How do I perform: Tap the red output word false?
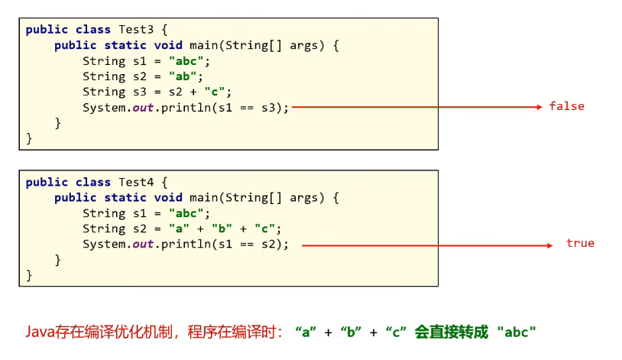coord(566,106)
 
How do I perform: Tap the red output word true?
coord(580,243)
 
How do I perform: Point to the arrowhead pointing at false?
coord(539,107)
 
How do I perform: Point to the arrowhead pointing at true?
coord(549,245)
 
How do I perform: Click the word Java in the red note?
coord(39,332)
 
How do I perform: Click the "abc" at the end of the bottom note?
coord(517,332)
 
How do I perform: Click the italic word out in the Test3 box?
coord(143,107)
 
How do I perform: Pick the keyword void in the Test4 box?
coord(167,198)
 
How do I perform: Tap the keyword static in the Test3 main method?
coord(125,45)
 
